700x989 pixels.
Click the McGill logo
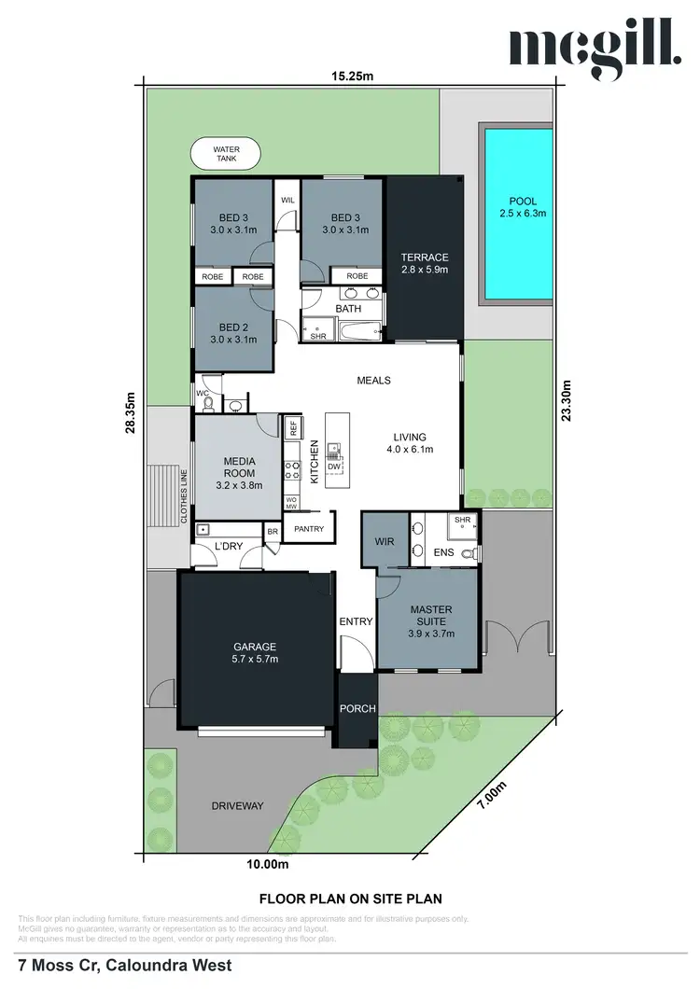[x=594, y=52]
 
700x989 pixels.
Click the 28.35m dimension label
[x=132, y=411]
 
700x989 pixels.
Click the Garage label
[x=254, y=652]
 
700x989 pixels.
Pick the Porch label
[x=357, y=709]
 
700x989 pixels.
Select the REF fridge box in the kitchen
[x=293, y=428]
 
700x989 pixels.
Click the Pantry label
[x=308, y=530]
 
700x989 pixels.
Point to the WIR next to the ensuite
[x=384, y=541]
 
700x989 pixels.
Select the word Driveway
[x=237, y=805]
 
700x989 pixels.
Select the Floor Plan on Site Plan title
[x=349, y=898]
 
